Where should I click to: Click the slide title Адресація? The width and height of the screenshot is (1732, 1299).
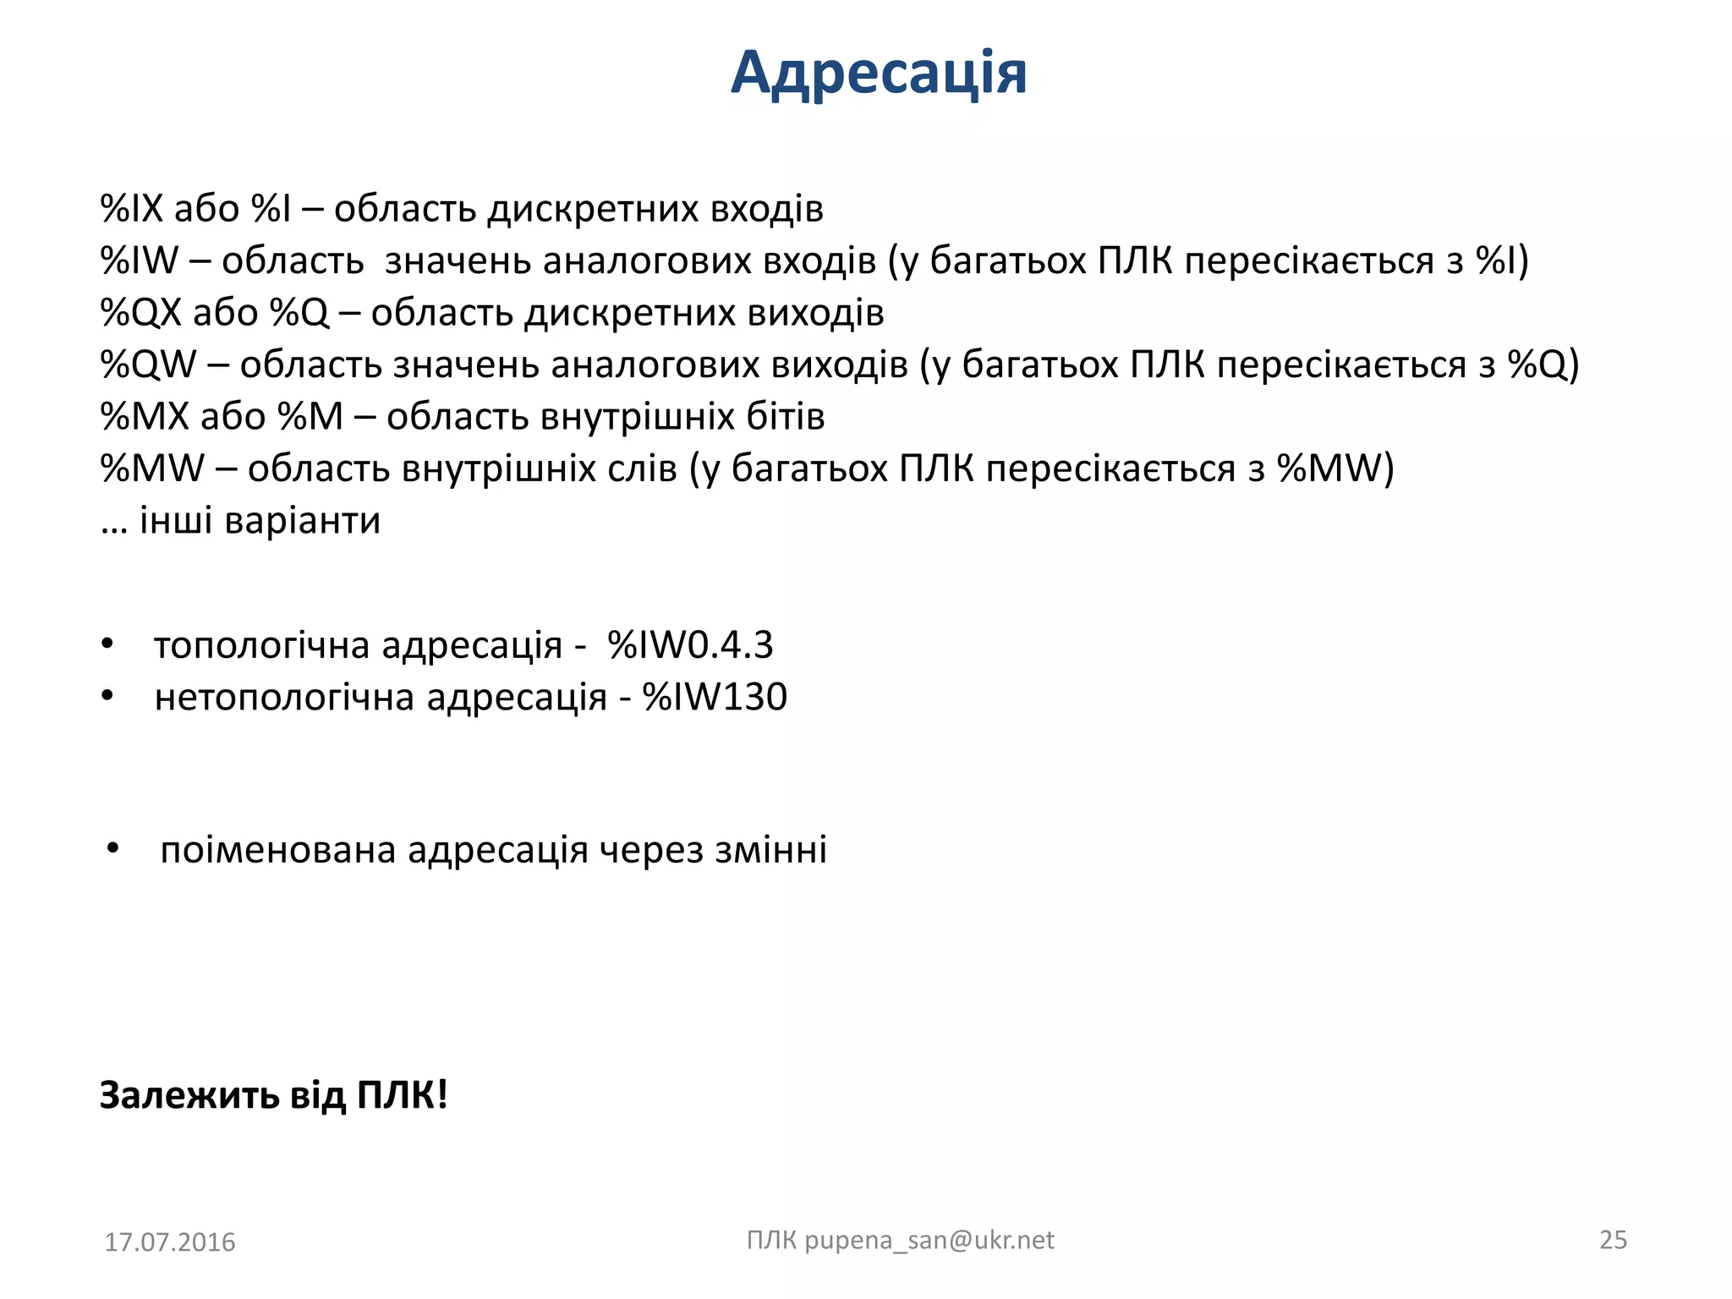point(879,73)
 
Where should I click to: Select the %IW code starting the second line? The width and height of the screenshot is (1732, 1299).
point(139,260)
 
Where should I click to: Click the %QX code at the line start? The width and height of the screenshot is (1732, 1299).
point(140,313)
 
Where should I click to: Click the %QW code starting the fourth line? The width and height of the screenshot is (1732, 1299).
point(147,364)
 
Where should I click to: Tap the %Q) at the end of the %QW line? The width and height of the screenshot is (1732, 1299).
point(1543,364)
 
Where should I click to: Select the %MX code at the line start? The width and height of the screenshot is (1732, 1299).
point(145,417)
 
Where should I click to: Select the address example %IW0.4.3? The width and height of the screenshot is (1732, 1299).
point(690,645)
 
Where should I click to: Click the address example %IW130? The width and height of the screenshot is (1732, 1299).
point(715,698)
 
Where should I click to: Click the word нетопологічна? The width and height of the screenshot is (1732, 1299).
point(284,698)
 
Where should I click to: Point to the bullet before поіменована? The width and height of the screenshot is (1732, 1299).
point(113,848)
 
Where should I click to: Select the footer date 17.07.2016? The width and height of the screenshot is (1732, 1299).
point(170,1242)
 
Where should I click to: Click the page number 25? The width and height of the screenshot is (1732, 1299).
point(1613,1240)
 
